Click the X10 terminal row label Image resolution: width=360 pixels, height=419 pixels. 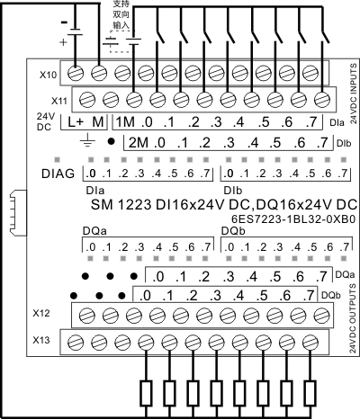(48, 75)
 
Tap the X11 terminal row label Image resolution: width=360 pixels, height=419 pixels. (59, 101)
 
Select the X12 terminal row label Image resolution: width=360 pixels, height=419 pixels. (41, 313)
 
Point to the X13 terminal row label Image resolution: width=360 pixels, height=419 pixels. (41, 340)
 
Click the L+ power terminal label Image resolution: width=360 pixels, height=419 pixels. (76, 122)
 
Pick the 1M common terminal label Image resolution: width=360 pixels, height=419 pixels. (125, 122)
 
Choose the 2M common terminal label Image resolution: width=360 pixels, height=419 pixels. (139, 143)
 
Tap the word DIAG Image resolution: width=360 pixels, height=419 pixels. (58, 174)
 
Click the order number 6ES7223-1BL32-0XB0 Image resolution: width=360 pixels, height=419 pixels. (293, 219)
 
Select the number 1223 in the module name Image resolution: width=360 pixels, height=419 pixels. (134, 205)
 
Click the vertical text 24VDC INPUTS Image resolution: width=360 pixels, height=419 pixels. (354, 94)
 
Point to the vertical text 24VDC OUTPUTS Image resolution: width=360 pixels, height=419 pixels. (354, 318)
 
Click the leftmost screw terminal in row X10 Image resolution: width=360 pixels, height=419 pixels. (75, 73)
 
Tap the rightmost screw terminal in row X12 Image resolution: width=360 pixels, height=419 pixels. (322, 316)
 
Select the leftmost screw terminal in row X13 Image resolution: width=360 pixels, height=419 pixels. (75, 343)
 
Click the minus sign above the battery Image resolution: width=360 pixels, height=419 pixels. (64, 22)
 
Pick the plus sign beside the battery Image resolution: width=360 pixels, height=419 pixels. (63, 42)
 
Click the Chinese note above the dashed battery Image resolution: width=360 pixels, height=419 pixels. (121, 14)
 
